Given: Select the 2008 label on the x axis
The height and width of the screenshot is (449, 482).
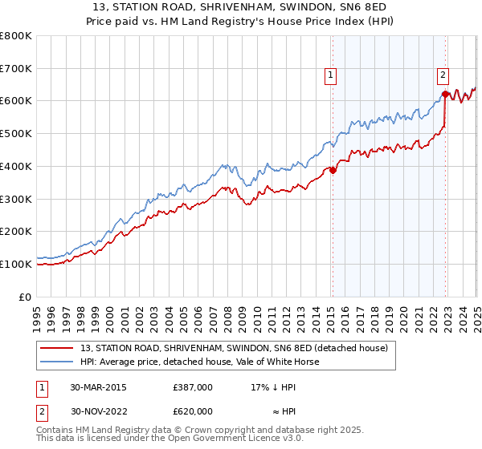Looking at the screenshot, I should pos(229,313).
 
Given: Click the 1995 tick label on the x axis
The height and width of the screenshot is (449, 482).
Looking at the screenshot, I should pos(38,313).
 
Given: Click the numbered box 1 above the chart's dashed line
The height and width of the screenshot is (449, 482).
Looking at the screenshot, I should pos(330,75).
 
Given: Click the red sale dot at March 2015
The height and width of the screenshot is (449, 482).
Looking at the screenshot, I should pos(333,170).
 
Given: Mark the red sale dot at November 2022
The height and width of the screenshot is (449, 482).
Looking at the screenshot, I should pos(445,95).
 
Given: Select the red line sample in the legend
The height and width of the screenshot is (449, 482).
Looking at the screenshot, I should pos(57,348).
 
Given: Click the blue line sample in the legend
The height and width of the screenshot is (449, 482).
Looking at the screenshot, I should pos(57,362).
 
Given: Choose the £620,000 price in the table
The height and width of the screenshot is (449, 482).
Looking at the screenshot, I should pos(193,411).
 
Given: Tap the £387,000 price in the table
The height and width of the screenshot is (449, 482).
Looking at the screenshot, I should pos(193,387).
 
